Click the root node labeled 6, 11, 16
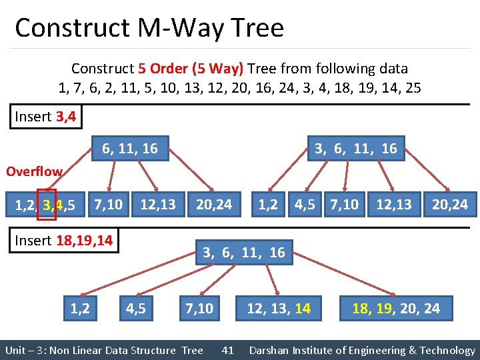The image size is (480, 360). [x=130, y=148]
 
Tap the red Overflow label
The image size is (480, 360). [x=34, y=171]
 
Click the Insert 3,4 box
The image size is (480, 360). [x=46, y=117]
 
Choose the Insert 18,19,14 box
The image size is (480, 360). [x=64, y=240]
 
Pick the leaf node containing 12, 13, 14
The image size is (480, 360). [x=279, y=308]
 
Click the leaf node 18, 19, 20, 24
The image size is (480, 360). [x=396, y=308]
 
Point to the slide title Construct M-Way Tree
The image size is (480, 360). [x=149, y=28]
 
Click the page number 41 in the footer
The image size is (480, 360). [x=227, y=350]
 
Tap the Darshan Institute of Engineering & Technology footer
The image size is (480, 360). [x=361, y=350]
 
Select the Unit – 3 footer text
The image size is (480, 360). [x=104, y=350]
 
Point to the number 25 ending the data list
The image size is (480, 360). [x=413, y=87]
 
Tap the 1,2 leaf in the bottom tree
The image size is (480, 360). [x=81, y=308]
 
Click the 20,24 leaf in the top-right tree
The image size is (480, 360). [x=449, y=204]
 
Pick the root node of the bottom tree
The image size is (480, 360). [x=243, y=252]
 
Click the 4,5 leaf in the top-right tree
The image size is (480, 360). [x=305, y=204]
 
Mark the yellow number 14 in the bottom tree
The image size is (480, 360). [x=302, y=308]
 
